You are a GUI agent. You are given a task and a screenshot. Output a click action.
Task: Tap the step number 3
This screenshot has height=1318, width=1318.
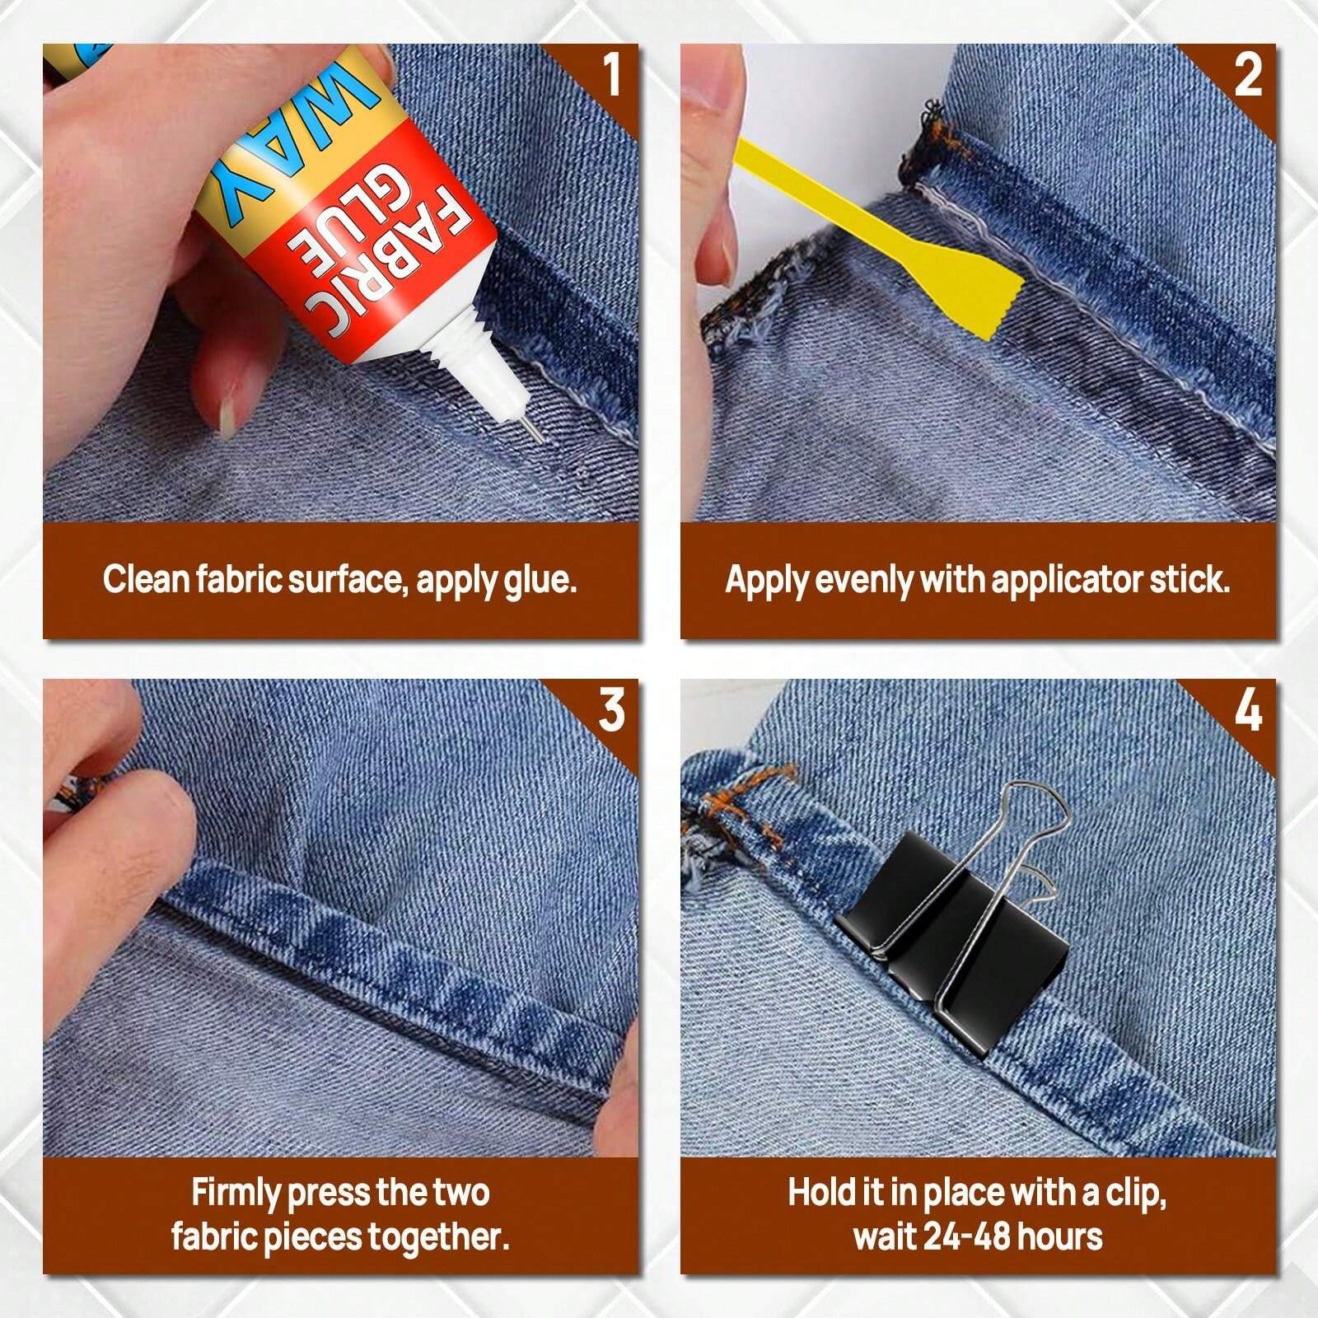pos(612,710)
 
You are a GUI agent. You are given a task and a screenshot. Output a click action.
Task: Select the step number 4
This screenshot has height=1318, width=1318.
pos(1248,710)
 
